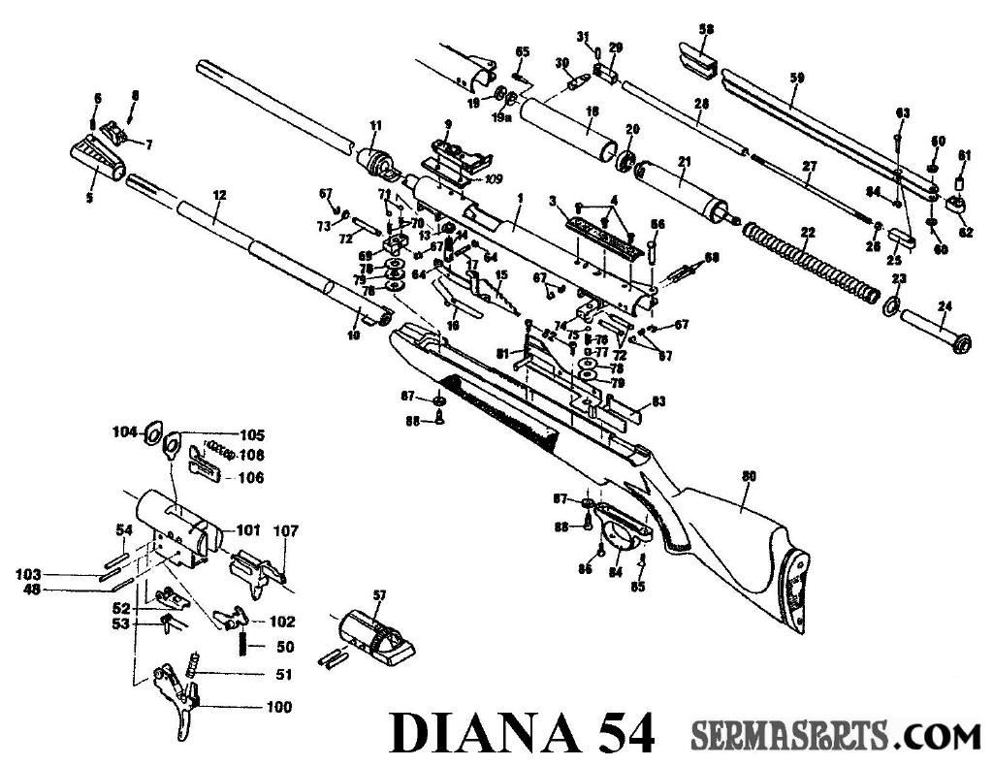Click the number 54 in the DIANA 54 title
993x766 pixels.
[617, 734]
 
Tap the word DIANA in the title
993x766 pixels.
[481, 734]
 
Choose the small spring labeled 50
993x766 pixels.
[241, 645]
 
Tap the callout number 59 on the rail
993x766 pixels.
[796, 78]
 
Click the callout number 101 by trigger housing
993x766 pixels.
[249, 529]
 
